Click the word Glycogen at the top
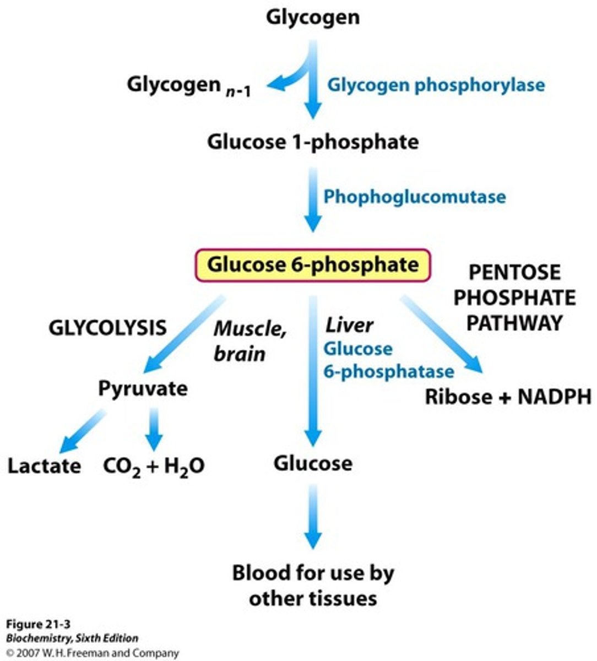[312, 17]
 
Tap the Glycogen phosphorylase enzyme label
[436, 85]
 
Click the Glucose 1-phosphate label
[312, 142]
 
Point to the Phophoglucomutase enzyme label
[414, 197]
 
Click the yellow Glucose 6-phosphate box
[312, 265]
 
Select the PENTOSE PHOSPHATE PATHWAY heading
[514, 297]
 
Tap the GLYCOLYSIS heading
[107, 328]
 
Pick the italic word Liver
[349, 326]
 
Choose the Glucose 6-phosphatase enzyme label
[388, 360]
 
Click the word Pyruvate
[143, 388]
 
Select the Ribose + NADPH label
[508, 397]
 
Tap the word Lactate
[44, 466]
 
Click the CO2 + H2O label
[154, 466]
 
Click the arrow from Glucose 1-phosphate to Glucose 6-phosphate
[313, 199]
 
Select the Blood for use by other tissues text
[313, 585]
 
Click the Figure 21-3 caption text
[32, 624]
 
